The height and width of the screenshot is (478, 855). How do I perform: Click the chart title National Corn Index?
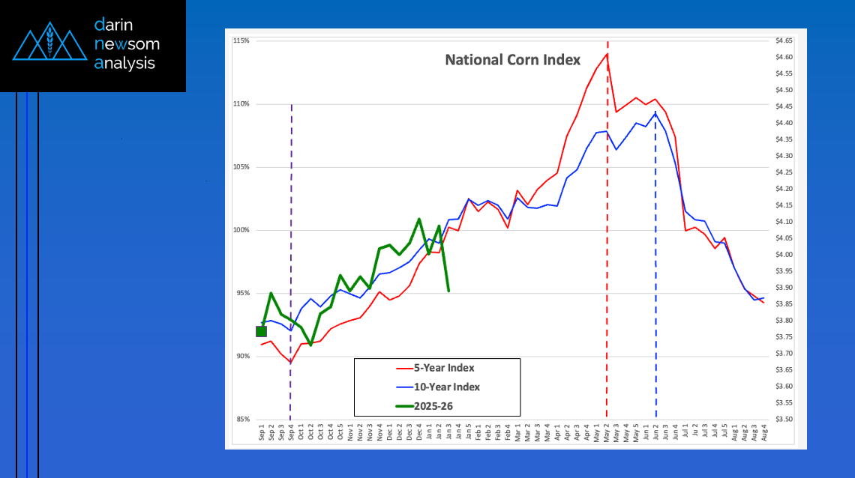click(x=513, y=59)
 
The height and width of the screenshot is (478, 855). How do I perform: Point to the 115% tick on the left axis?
click(x=242, y=40)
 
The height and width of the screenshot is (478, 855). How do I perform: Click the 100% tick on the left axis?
click(x=242, y=230)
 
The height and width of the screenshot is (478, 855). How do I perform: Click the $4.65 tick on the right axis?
click(x=784, y=40)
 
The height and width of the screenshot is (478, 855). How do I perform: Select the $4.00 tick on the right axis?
click(x=784, y=255)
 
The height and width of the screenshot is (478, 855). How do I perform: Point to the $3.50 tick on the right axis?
click(x=784, y=419)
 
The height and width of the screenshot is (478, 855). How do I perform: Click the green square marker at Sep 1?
click(x=261, y=332)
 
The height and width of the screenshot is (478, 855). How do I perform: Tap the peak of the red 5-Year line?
click(x=607, y=53)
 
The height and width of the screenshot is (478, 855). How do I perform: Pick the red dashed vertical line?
click(x=607, y=225)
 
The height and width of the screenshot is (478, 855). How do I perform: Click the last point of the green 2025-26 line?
click(x=448, y=291)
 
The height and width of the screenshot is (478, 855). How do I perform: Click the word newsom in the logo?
click(x=127, y=44)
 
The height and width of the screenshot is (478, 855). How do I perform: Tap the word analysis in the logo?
click(x=124, y=64)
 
